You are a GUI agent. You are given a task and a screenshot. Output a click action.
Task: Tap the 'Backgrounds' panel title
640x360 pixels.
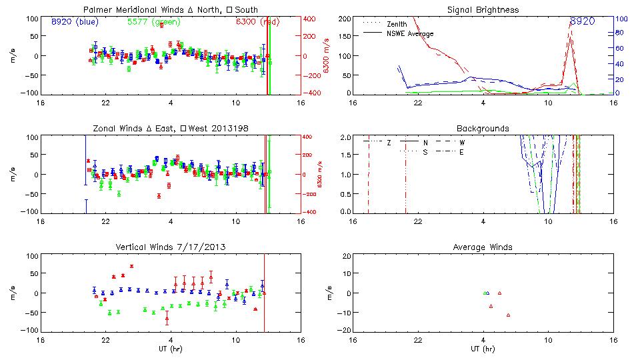483,128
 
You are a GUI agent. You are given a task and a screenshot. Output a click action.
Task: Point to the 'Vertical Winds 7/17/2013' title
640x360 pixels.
171,247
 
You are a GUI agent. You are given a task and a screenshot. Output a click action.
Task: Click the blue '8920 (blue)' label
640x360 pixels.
75,21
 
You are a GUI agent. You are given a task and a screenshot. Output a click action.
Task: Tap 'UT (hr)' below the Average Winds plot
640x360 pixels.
483,349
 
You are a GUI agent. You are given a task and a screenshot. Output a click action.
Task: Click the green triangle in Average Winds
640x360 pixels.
485,293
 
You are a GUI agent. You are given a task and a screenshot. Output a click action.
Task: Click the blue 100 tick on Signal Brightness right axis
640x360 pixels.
619,19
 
